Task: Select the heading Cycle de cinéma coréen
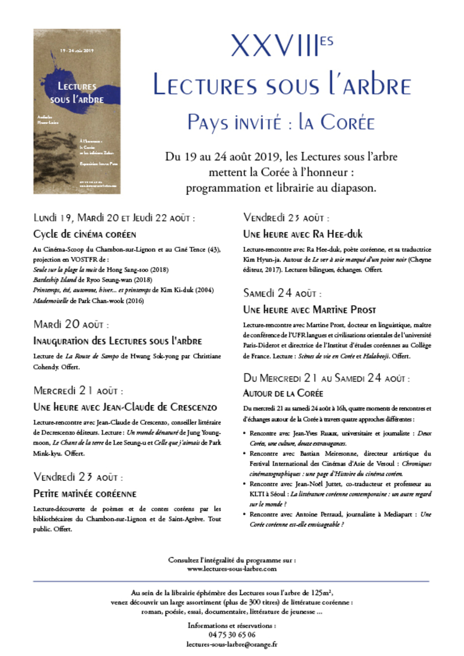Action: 85,234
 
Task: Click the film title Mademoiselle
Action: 50,301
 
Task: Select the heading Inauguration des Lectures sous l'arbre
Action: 117,341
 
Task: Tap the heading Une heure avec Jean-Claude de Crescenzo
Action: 125,407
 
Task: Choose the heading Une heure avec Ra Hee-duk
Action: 303,234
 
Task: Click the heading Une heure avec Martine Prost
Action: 309,310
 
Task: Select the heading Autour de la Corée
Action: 283,393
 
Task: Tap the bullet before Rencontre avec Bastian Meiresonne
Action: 245,454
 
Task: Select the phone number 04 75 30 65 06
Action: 232,635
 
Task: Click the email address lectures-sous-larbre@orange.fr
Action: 232,644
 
